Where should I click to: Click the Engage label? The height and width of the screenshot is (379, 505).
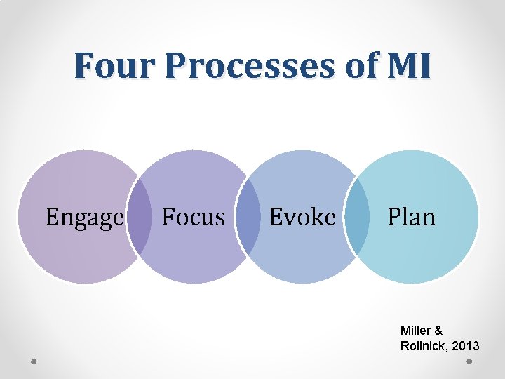pos(84,218)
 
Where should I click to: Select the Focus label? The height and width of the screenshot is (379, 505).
pos(193,217)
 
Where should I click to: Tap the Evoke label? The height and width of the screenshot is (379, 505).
pos(302,217)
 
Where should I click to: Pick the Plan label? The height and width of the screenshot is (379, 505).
pos(412,217)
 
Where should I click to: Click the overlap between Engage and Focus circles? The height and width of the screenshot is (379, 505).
pos(141,217)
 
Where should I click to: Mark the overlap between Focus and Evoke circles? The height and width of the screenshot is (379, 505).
pos(249,217)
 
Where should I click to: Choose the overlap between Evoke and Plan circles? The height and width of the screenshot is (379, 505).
pos(358,217)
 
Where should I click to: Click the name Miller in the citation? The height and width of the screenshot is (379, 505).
pos(415,330)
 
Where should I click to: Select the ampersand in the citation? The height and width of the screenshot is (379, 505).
pos(438,330)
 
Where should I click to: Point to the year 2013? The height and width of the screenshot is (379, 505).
pos(466,346)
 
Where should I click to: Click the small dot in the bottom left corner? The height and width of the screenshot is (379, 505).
pos(34,361)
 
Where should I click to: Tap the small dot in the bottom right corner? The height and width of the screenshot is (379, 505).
pos(469,361)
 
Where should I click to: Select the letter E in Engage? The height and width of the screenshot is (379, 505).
pos(51,217)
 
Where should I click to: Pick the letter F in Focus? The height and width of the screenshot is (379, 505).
pos(168,217)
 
